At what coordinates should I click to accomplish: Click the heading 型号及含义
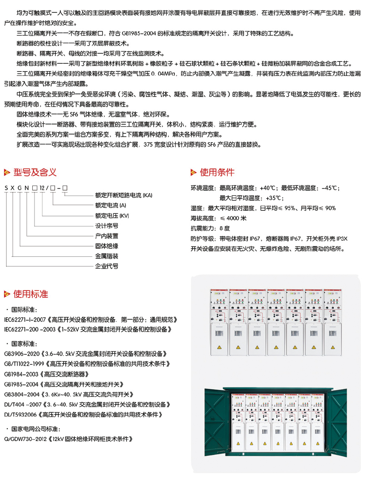(35, 172)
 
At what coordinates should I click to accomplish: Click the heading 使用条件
(217, 172)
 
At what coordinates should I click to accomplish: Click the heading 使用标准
(31, 294)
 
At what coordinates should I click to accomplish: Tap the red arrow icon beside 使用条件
(194, 172)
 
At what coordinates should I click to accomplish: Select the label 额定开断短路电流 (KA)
(124, 195)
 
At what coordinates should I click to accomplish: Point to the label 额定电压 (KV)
(112, 216)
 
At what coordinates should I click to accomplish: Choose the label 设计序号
(107, 225)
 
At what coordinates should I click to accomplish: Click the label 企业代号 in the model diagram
(107, 266)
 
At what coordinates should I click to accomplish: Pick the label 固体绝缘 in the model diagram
(107, 246)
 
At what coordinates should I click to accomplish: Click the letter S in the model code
(6, 188)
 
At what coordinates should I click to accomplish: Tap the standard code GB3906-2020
(22, 354)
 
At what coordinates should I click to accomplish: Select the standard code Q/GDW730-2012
(25, 439)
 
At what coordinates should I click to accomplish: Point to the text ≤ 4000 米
(233, 218)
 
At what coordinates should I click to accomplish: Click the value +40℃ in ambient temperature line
(268, 188)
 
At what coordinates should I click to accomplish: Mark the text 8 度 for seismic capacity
(224, 228)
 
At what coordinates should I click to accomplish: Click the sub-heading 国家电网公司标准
(36, 429)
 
